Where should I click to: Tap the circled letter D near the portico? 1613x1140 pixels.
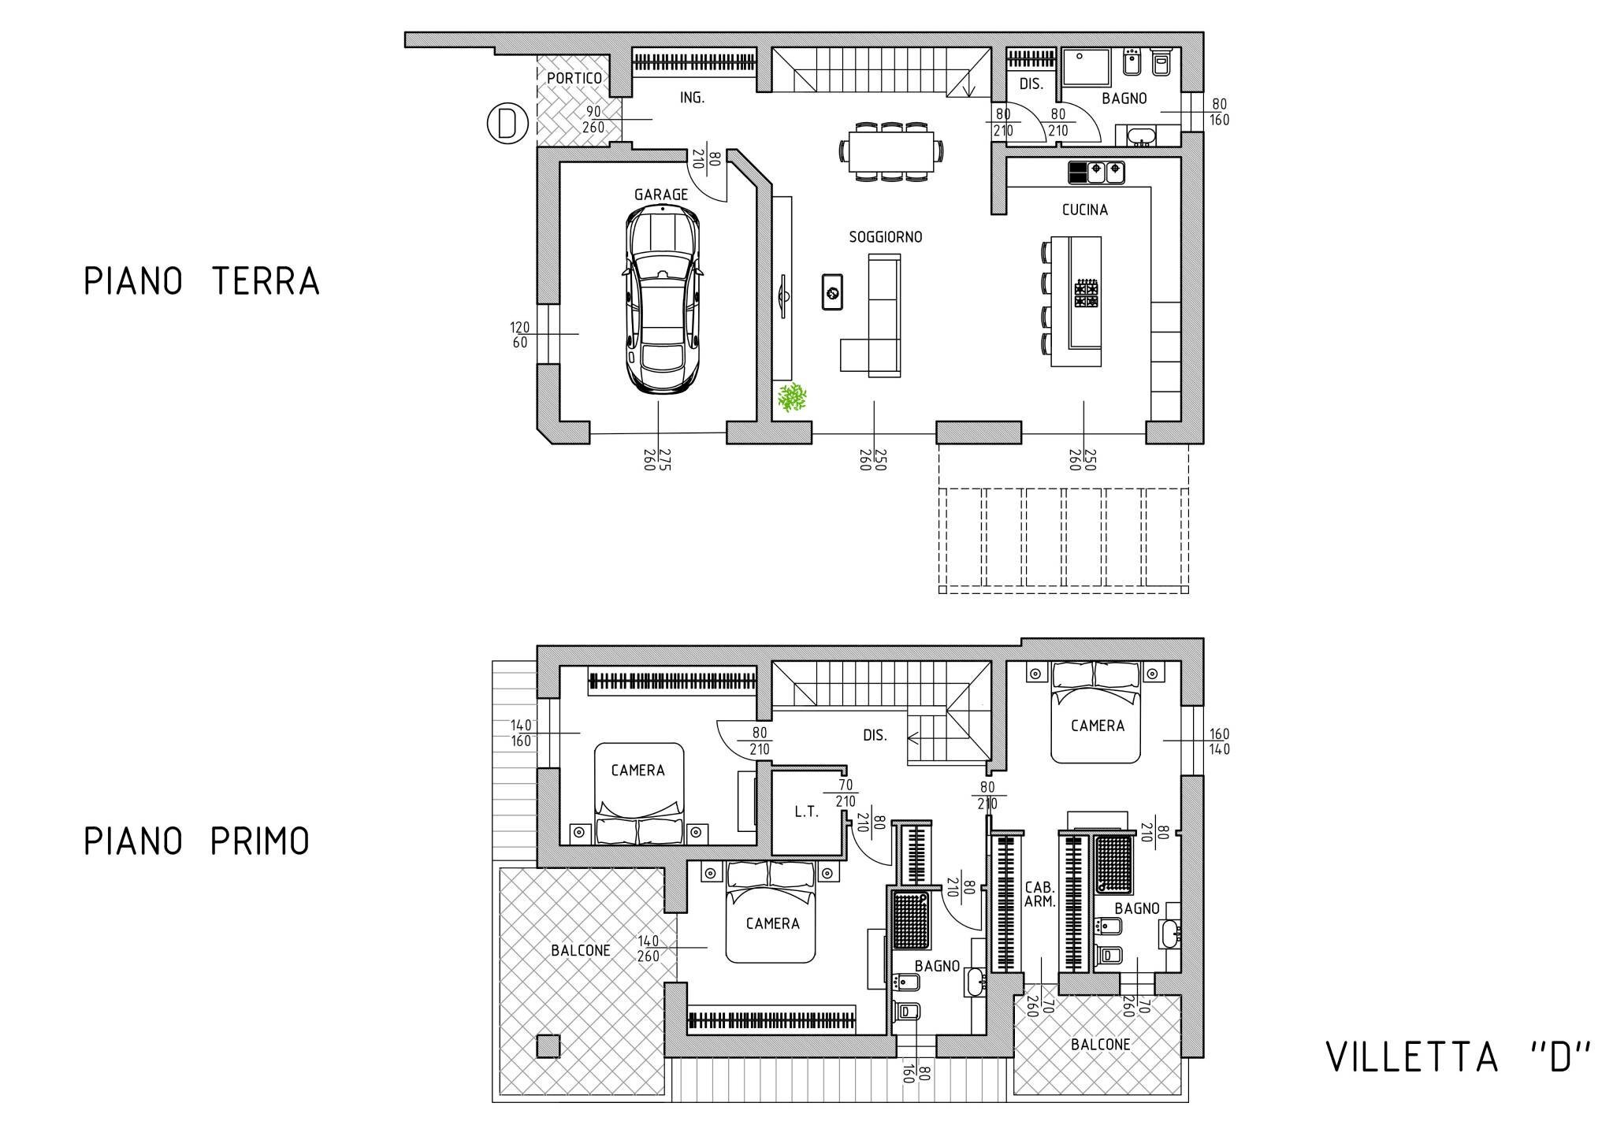click(x=507, y=124)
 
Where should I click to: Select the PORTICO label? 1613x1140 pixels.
click(x=574, y=78)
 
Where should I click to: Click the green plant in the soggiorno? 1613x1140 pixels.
click(x=792, y=397)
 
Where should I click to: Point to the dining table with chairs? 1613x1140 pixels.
click(x=893, y=152)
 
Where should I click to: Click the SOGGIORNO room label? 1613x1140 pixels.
click(x=885, y=236)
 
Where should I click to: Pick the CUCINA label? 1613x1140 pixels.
click(x=1084, y=210)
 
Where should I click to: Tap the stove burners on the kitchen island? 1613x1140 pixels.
click(x=1086, y=293)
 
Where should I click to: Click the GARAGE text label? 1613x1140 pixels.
click(x=660, y=195)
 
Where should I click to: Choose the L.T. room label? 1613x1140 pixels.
click(x=806, y=812)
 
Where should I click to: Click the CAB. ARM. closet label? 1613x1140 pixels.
click(x=1039, y=894)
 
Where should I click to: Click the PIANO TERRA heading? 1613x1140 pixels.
click(x=202, y=281)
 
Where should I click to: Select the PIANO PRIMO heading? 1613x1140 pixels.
click(x=197, y=841)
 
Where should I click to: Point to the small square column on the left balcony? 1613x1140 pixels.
click(x=548, y=1045)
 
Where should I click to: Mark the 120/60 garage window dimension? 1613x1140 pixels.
click(x=519, y=335)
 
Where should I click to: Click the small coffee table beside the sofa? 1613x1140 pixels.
click(x=831, y=291)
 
